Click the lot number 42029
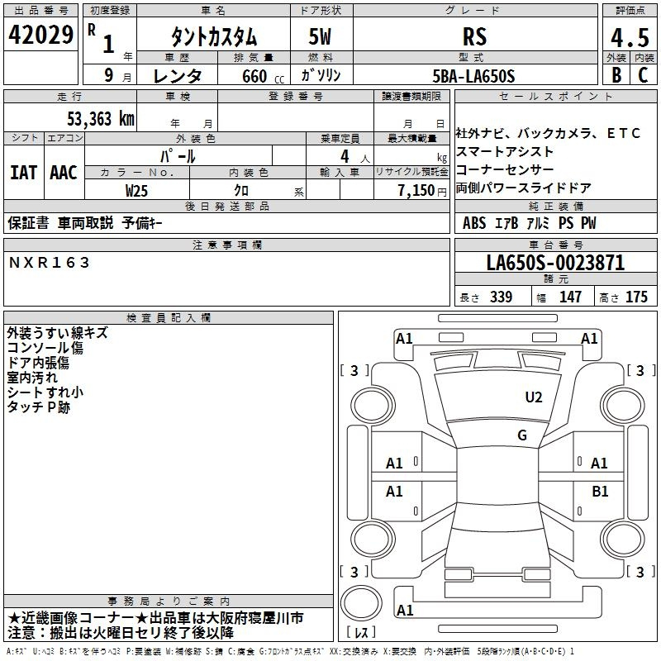(x=40, y=35)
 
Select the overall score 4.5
(x=630, y=38)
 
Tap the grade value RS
(x=474, y=36)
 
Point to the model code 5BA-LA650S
(x=473, y=76)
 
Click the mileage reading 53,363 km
(x=101, y=119)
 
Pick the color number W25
(x=136, y=191)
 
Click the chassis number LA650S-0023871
(x=555, y=263)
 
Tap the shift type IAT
(x=23, y=173)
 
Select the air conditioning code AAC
(x=64, y=173)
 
